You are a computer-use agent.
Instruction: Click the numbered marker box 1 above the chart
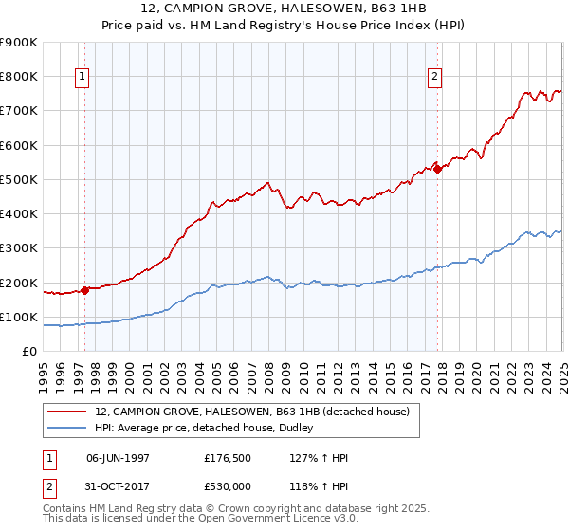pos(83,78)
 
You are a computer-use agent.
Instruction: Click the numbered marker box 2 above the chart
pos(434,78)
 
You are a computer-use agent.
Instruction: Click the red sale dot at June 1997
pos(84,290)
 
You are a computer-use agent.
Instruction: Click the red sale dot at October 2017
pos(438,169)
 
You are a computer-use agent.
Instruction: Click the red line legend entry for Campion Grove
pos(251,412)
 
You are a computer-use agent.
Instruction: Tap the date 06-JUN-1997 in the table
pos(118,456)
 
